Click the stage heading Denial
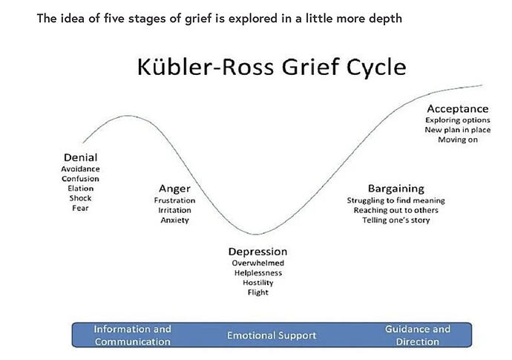(x=81, y=157)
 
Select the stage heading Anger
(x=174, y=189)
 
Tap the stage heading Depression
(x=258, y=252)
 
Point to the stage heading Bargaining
(x=396, y=189)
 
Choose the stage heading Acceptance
(x=458, y=109)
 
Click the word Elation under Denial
(x=81, y=189)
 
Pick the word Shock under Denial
(x=80, y=198)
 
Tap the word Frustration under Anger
(x=174, y=200)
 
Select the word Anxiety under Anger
(x=174, y=220)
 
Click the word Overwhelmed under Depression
(x=258, y=263)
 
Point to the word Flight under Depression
(x=258, y=292)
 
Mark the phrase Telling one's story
(x=396, y=220)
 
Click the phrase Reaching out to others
(x=396, y=210)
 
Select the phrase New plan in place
(x=458, y=130)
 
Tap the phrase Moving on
(x=458, y=140)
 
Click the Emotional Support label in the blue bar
(x=272, y=336)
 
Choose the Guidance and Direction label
(x=418, y=336)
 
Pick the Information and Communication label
(x=133, y=336)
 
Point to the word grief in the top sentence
(x=199, y=19)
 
